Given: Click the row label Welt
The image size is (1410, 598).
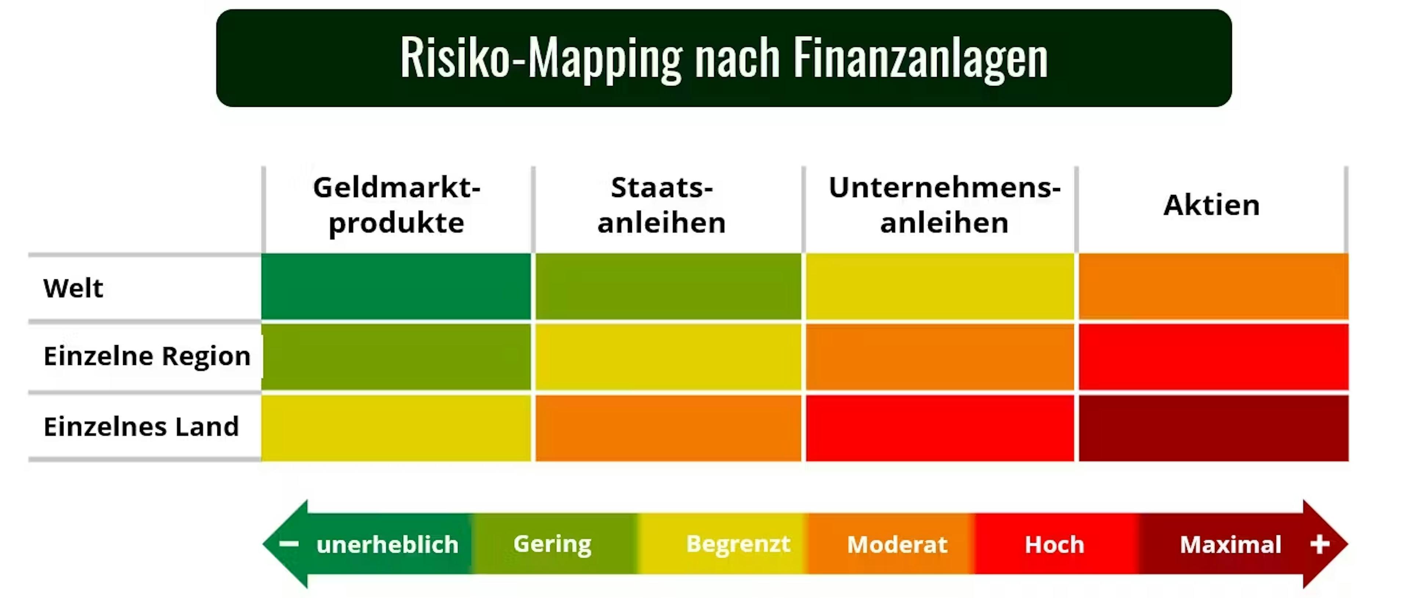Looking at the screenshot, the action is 73,288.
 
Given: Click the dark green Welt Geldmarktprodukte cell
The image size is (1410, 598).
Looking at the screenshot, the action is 396,286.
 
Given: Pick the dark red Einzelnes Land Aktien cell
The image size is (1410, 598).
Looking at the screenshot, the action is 1214,428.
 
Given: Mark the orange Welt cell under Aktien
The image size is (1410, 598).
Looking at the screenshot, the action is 1214,286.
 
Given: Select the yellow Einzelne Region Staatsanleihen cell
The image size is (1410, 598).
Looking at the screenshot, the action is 668,357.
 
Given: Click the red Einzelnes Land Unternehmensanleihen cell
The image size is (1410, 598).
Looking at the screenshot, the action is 940,428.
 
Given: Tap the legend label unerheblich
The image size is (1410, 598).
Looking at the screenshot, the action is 387,545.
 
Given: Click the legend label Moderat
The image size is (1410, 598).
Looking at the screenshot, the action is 897,545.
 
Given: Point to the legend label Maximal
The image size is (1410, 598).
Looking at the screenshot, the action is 1230,545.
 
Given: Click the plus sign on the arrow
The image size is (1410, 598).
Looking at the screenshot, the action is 1320,544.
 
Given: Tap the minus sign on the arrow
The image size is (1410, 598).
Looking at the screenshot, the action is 289,544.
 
